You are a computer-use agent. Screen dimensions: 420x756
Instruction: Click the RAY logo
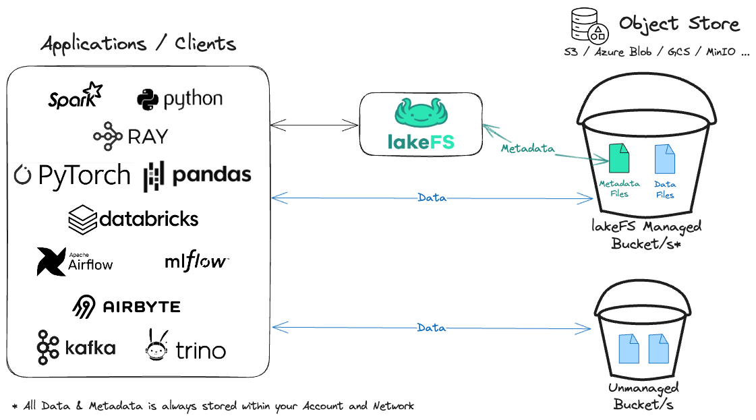[x=132, y=136]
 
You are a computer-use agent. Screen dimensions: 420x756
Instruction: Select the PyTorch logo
[x=73, y=176]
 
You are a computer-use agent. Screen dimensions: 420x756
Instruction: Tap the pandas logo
[x=200, y=177]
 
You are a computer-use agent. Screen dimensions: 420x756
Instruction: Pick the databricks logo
[x=133, y=220]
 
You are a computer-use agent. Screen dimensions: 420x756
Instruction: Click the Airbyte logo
[x=127, y=307]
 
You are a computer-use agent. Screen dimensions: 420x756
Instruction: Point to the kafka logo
[x=76, y=347]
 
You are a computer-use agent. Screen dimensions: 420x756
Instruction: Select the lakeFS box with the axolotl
[x=421, y=123]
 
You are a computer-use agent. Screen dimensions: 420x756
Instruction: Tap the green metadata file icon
[x=618, y=158]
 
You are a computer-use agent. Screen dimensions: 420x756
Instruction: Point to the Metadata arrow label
[x=527, y=148]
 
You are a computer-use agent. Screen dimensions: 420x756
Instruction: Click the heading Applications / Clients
[x=138, y=45]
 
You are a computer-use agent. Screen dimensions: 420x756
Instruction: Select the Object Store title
[x=679, y=25]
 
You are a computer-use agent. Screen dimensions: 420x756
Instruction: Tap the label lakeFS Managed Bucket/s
[x=646, y=234]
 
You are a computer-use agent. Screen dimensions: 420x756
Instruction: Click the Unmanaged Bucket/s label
[x=643, y=396]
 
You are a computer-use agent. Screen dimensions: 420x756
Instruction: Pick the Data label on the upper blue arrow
[x=432, y=198]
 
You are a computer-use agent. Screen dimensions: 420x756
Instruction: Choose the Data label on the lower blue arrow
[x=432, y=328]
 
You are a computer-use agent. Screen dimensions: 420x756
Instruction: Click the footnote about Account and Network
[x=213, y=406]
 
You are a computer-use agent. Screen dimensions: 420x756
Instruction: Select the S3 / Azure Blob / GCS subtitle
[x=656, y=53]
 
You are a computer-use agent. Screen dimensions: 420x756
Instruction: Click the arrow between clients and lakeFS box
[x=314, y=124]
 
